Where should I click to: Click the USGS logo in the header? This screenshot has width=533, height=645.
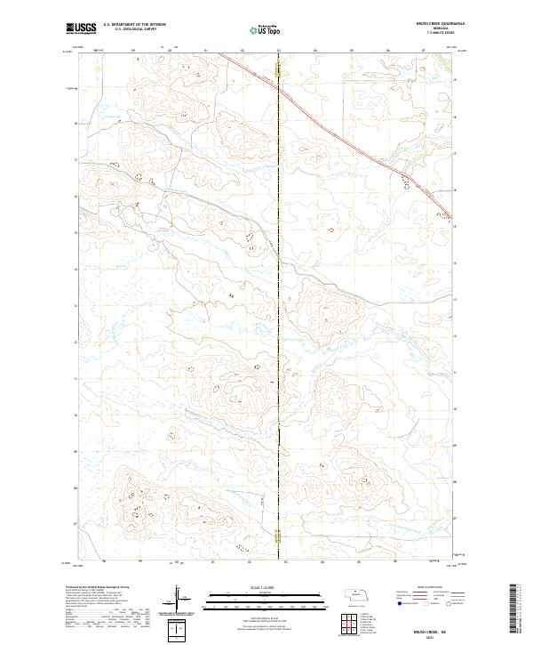point(81,28)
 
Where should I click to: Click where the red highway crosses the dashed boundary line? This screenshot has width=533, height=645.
point(278,85)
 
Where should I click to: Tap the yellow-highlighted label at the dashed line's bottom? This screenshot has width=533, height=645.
point(278,536)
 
